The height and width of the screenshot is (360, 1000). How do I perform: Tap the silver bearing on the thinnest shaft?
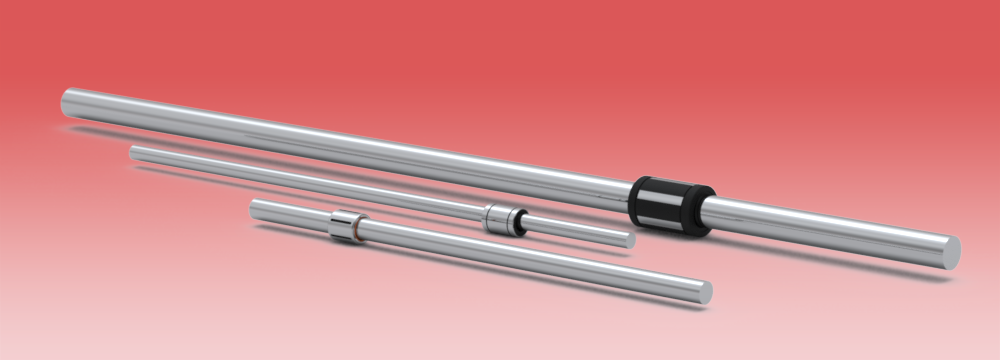click(x=501, y=217)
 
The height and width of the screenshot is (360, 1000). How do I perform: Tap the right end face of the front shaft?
click(x=705, y=291)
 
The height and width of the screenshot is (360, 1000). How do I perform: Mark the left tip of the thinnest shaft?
click(x=134, y=152)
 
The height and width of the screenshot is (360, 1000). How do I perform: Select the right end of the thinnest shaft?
click(x=628, y=240)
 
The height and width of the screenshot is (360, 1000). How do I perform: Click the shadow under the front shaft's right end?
click(x=690, y=301)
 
